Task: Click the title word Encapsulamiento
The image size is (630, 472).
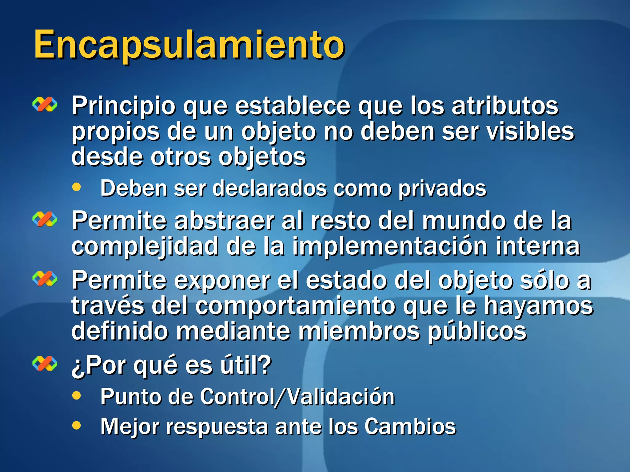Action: (189, 45)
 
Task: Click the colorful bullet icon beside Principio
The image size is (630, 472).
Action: (45, 104)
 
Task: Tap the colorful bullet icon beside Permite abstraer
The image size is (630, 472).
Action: (45, 219)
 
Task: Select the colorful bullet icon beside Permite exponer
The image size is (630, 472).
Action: (45, 279)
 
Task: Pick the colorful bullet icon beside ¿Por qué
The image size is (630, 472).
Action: (45, 364)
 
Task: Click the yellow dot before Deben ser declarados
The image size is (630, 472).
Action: (77, 187)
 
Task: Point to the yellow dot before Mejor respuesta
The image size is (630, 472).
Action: (77, 425)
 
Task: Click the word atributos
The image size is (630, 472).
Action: (505, 106)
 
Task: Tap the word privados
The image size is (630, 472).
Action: (442, 188)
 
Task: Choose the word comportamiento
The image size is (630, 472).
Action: (295, 306)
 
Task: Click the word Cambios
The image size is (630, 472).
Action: (410, 427)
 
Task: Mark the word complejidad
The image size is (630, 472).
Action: (145, 247)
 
